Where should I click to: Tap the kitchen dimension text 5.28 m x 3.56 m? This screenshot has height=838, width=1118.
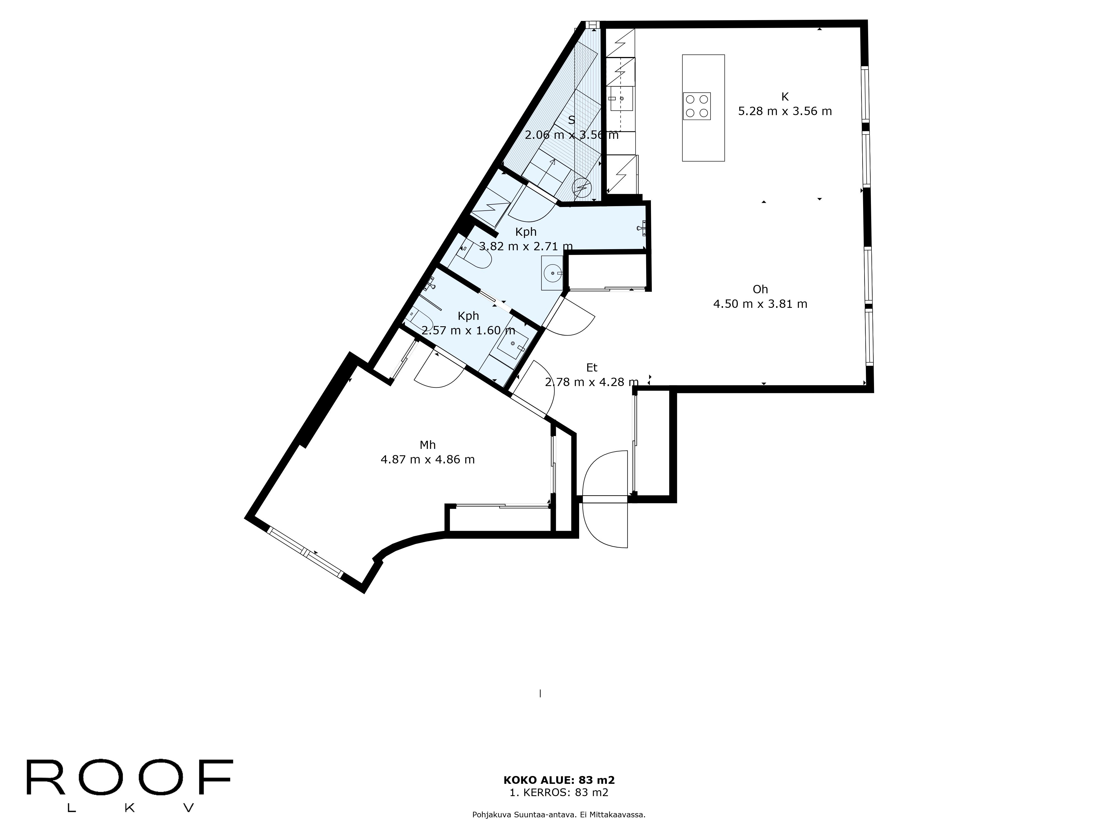pyautogui.click(x=785, y=111)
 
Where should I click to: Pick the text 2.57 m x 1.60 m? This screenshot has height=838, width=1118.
pyautogui.click(x=468, y=330)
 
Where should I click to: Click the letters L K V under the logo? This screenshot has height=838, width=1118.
pyautogui.click(x=130, y=808)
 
